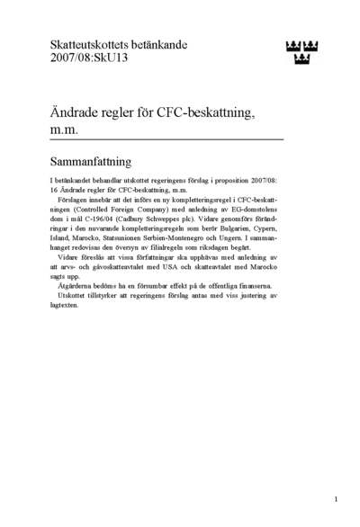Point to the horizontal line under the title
166,140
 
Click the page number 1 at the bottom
335,498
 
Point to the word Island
59,238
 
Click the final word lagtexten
64,305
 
